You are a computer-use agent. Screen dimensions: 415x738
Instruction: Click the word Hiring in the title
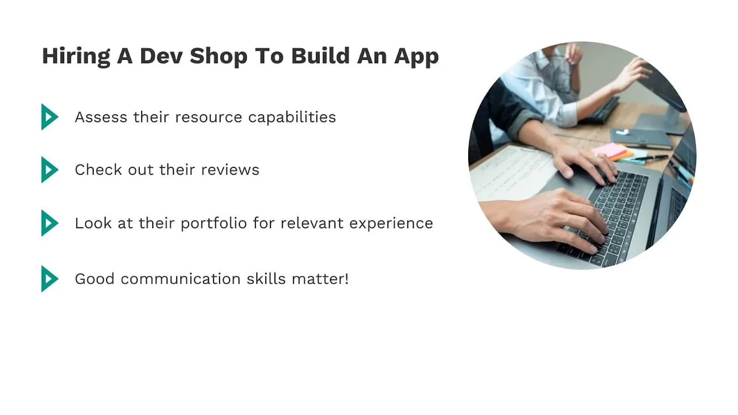pyautogui.click(x=76, y=56)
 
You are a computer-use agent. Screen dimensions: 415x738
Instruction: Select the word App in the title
pyautogui.click(x=416, y=56)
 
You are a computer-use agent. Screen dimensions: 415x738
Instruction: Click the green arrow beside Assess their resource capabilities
pyautogui.click(x=49, y=117)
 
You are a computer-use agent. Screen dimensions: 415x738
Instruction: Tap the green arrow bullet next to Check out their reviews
pyautogui.click(x=49, y=170)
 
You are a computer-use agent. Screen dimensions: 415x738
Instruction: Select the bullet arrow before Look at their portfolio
pyautogui.click(x=49, y=223)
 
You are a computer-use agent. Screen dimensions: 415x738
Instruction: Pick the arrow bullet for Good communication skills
pyautogui.click(x=49, y=279)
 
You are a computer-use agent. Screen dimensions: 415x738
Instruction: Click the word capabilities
pyautogui.click(x=292, y=117)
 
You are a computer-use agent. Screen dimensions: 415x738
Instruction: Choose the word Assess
pyautogui.click(x=101, y=117)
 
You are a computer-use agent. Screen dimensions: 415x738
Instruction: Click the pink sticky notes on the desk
pyautogui.click(x=610, y=150)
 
